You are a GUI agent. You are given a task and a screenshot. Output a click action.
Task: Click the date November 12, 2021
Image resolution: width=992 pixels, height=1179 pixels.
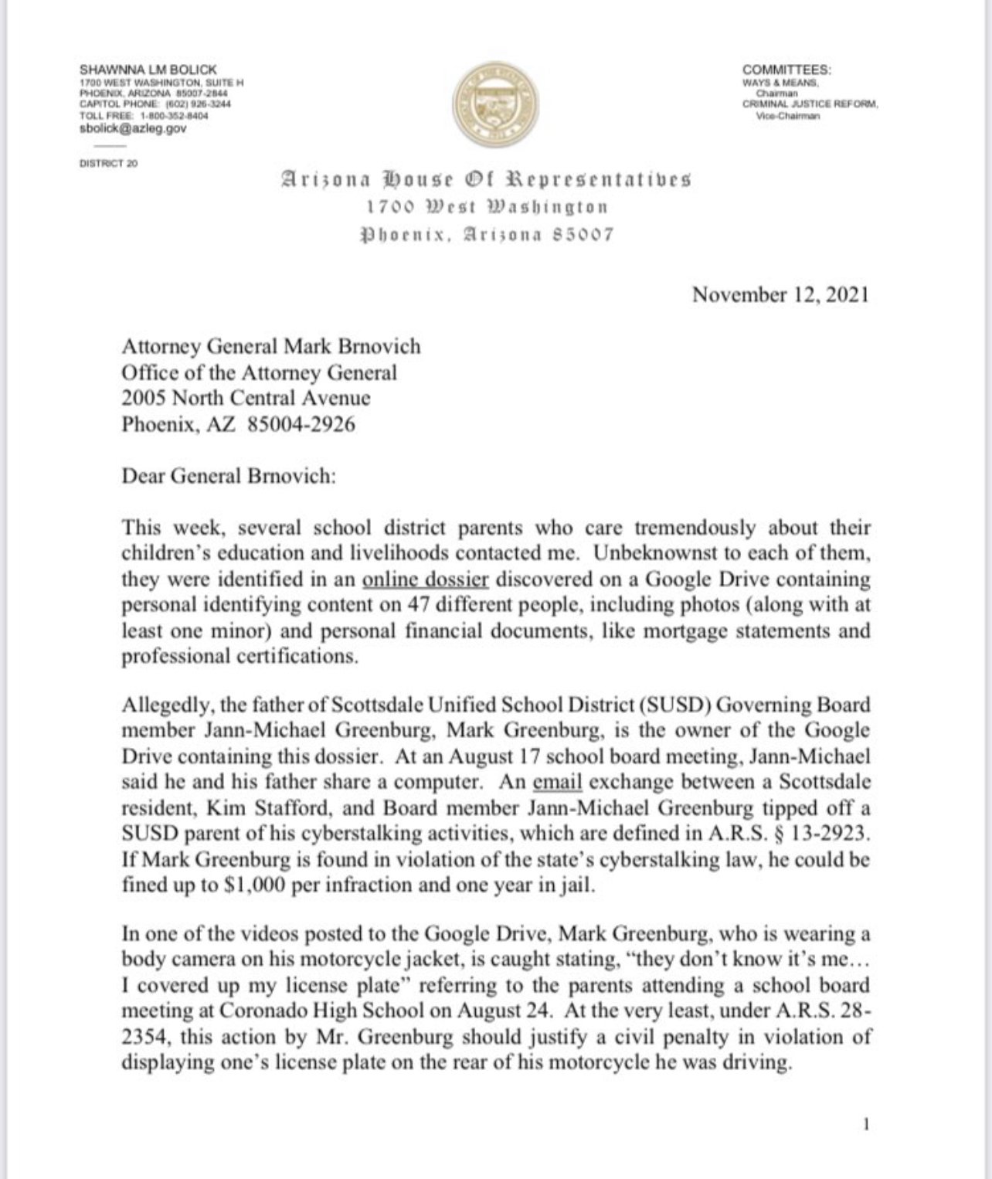tap(780, 294)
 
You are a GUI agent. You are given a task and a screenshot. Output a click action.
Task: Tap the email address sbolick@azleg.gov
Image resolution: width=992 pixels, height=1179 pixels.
tap(133, 128)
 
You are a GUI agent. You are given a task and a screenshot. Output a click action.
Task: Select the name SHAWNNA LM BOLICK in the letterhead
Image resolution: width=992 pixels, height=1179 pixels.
tap(148, 70)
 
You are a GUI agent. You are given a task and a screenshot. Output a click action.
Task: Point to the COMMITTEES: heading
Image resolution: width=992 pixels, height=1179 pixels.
tap(786, 70)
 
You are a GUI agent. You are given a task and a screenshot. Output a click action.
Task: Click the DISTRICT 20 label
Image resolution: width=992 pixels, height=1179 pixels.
tap(109, 163)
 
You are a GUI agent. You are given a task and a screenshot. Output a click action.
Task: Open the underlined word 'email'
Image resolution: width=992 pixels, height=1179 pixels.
tap(557, 782)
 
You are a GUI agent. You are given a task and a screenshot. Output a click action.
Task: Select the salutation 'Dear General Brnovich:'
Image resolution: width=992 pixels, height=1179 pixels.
tap(229, 475)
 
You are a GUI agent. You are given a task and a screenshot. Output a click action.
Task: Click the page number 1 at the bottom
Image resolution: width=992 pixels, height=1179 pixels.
tap(866, 1124)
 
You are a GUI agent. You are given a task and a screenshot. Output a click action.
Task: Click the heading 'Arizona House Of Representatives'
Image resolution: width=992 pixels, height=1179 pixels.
tap(485, 180)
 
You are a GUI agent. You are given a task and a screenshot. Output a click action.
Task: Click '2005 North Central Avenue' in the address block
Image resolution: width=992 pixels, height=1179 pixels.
tap(246, 398)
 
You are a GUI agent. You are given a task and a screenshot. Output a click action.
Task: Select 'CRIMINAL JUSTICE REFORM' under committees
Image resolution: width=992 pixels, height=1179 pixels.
tap(810, 104)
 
